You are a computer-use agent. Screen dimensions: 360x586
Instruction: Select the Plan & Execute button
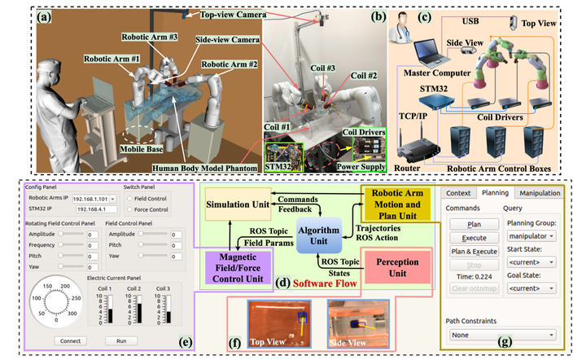tap(474, 251)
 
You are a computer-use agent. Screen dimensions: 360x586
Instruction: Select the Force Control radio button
tap(129, 209)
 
